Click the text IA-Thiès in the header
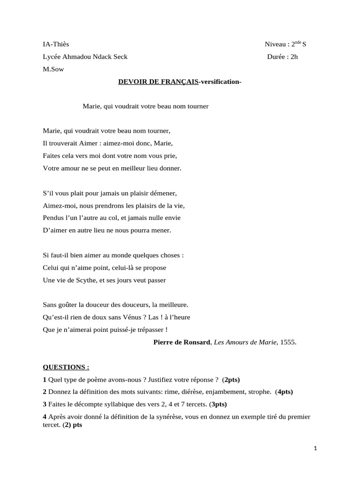tap(56, 45)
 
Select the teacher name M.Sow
tap(53, 70)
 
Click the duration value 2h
tap(293, 57)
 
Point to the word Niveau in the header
tap(276, 45)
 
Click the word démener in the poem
tap(164, 193)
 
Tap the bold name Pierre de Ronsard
tap(182, 342)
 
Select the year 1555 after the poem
tap(287, 342)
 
